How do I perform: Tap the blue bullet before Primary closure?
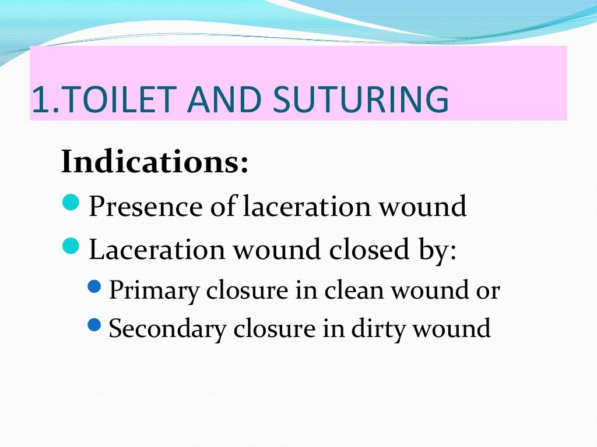(x=96, y=287)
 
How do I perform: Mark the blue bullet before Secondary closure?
(x=96, y=325)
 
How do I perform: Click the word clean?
(x=353, y=290)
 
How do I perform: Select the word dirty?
(x=379, y=329)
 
